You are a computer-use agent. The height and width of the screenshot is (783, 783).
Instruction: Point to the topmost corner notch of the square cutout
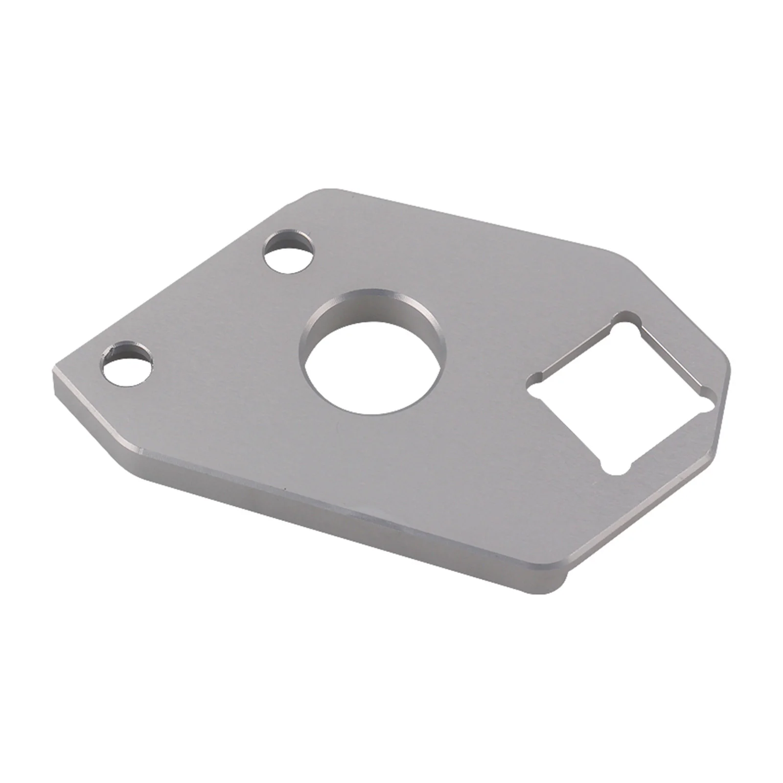621,317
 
